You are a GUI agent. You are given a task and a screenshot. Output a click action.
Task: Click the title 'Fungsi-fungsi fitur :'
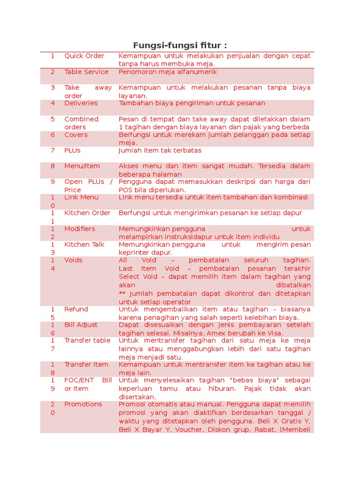[x=180, y=45]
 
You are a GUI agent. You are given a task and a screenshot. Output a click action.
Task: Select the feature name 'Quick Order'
[x=84, y=56]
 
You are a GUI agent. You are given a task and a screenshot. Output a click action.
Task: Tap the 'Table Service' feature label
[x=86, y=72]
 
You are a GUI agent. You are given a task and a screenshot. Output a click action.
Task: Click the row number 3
[x=53, y=88]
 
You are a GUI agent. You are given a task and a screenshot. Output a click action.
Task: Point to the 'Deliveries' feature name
[x=81, y=103]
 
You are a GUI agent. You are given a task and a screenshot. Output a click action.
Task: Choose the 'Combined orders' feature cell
[x=82, y=123]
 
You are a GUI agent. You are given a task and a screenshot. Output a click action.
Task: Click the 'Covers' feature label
[x=76, y=135]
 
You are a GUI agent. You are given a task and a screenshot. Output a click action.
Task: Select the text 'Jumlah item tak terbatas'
[x=160, y=150]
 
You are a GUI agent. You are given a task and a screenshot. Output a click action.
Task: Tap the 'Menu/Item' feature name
[x=82, y=166]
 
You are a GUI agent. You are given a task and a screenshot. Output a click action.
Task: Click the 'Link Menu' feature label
[x=82, y=197]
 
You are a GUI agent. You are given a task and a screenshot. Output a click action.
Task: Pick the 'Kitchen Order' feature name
[x=87, y=213]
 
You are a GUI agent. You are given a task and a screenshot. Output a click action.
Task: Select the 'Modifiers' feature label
[x=80, y=229]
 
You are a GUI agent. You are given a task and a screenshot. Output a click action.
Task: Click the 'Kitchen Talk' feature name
[x=84, y=244]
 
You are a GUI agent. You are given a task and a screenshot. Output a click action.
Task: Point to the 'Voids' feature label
[x=73, y=260]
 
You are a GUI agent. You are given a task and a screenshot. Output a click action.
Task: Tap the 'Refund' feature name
[x=76, y=309]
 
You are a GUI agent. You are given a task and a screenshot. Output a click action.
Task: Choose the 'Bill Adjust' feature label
[x=81, y=325]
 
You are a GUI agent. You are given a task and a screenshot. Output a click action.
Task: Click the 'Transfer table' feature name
[x=87, y=340]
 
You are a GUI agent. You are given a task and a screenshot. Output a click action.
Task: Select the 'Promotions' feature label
[x=83, y=404]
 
